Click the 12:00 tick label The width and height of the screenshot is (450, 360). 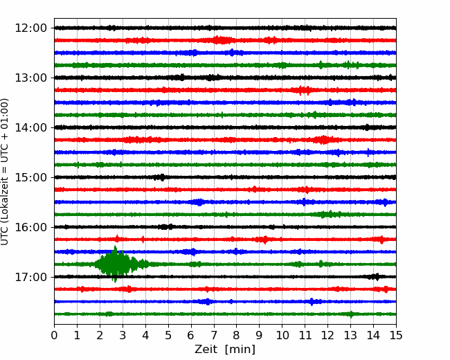[30, 28]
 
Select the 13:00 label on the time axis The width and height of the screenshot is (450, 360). [30, 78]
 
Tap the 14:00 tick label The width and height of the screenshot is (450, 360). [30, 127]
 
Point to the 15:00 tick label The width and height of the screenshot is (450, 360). [30, 177]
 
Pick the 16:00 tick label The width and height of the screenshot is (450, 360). [30, 227]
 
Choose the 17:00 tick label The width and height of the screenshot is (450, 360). [30, 277]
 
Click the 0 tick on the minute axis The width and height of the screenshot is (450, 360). [54, 335]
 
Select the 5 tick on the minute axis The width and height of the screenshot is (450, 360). [168, 335]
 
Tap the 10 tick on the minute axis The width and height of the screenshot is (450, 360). [282, 335]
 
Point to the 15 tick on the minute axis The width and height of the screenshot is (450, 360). [396, 335]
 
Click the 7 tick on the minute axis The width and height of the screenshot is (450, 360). [214, 335]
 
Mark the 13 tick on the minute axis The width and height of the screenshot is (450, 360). [350, 335]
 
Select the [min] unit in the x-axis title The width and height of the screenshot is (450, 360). [240, 350]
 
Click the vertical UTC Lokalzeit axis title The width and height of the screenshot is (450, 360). [5, 172]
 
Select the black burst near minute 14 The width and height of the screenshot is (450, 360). [375, 277]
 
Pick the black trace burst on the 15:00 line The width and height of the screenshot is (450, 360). [160, 177]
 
